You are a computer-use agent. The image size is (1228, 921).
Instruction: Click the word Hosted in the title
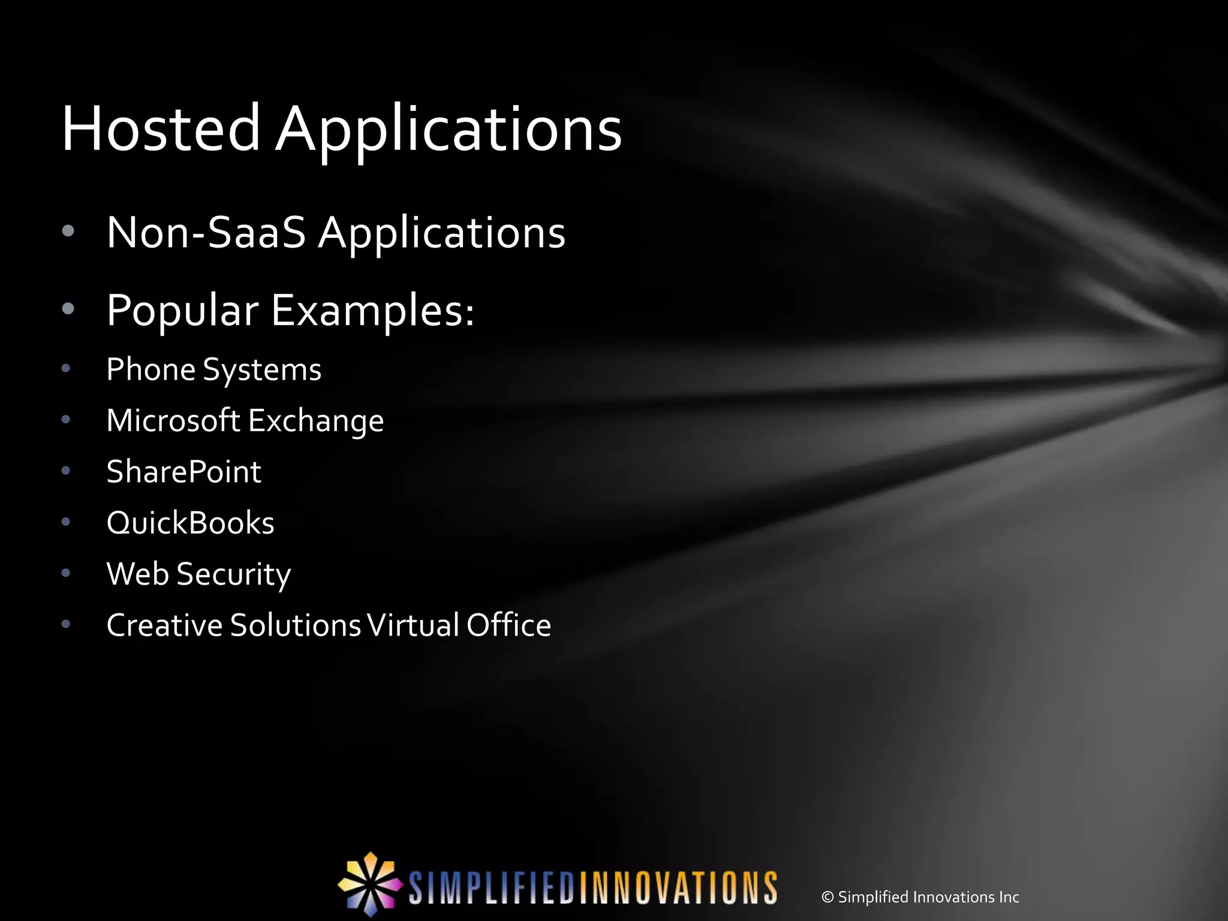pos(160,128)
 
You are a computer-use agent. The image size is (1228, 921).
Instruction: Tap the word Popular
pos(182,311)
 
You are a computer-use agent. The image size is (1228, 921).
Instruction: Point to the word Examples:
pos(372,311)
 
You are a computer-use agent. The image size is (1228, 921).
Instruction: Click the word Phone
pos(151,369)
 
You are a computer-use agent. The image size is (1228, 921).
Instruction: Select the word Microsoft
pos(173,420)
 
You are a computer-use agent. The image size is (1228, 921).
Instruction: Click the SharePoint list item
pos(183,472)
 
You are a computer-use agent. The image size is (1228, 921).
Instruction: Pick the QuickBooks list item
pos(190,523)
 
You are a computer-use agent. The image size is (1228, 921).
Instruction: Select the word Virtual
pos(413,625)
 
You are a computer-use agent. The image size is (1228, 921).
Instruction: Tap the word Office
pos(508,625)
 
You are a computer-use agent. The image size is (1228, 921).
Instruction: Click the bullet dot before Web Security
pos(66,573)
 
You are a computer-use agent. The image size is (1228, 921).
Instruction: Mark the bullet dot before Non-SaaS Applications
pos(68,231)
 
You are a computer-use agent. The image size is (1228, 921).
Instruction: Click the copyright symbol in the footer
pos(827,897)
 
